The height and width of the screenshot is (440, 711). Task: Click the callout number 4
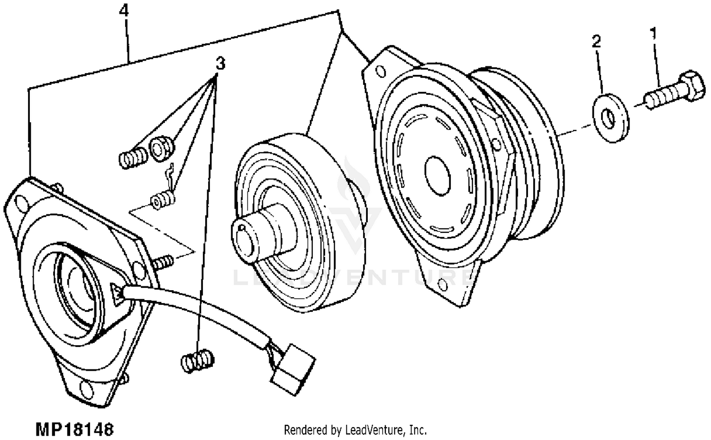pos(124,10)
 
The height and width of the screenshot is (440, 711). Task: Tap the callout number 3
pos(220,63)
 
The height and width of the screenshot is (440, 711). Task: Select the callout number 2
pos(596,41)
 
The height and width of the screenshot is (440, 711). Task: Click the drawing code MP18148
pos(75,430)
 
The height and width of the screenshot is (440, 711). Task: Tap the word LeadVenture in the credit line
pos(376,430)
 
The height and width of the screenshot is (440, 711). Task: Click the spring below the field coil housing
pos(198,361)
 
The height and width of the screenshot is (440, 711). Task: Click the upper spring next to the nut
pos(133,157)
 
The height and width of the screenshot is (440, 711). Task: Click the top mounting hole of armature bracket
pos(379,72)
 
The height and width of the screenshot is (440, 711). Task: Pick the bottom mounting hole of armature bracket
pos(443,285)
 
